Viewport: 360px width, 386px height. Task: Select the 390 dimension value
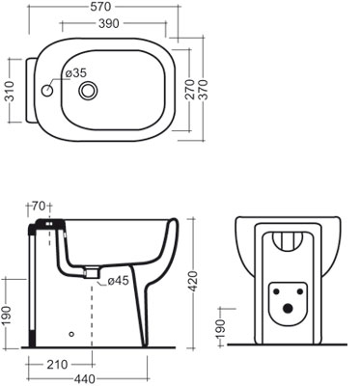pos(108,23)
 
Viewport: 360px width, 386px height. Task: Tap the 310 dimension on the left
pos(10,91)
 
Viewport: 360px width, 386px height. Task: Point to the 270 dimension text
pos(190,89)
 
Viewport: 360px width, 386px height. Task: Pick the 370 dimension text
pos(205,89)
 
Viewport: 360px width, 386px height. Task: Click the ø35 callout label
pos(76,73)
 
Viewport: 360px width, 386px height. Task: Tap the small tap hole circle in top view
pos(47,91)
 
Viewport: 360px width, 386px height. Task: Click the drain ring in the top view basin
pos(88,91)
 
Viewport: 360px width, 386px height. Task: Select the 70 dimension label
pos(39,207)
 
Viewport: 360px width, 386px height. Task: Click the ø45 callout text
pos(118,281)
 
